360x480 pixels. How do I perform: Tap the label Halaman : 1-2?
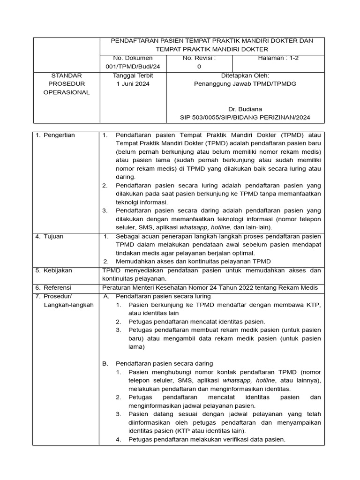(278, 58)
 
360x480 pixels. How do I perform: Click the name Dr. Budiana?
(245, 109)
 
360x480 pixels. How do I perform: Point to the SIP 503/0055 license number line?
(245, 118)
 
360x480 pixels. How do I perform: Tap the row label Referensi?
(58, 287)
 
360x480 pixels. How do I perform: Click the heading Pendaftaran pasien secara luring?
(163, 296)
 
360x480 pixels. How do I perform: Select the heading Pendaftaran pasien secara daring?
(164, 363)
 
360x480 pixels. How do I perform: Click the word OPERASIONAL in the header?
(66, 92)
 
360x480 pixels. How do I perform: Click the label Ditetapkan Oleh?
(245, 75)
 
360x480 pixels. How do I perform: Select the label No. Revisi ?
(199, 58)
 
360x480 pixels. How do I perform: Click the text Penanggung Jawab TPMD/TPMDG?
(245, 84)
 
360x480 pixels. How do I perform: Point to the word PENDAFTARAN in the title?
(132, 41)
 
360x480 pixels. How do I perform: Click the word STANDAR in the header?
(66, 75)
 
